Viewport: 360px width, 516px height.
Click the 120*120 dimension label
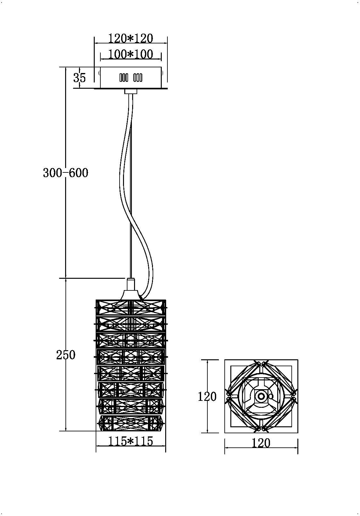tap(131, 38)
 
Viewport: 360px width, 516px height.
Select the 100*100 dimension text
tap(131, 54)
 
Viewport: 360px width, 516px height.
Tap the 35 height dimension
tap(79, 77)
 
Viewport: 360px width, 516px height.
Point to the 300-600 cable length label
tap(65, 173)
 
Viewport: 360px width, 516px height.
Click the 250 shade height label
tap(66, 355)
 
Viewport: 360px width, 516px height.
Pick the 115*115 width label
tap(131, 441)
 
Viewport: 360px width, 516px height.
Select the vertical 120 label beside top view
tap(207, 396)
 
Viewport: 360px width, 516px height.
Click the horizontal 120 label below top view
tap(261, 443)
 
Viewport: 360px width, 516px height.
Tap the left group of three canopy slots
tap(124, 78)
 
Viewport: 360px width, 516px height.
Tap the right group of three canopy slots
tap(138, 78)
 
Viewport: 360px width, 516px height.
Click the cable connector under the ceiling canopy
tap(131, 92)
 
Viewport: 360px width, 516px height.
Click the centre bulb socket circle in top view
tap(261, 396)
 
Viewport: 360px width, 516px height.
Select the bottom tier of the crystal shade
tap(131, 423)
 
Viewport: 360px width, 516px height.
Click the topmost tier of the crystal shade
tap(131, 307)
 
